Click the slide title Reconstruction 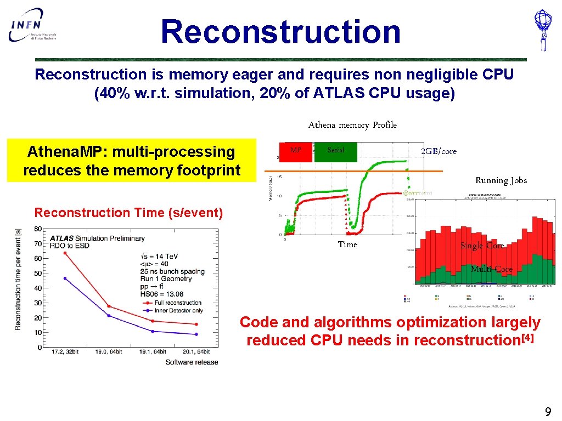[x=280, y=31]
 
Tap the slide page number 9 [x=547, y=412]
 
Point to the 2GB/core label [x=439, y=151]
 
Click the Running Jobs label [x=501, y=180]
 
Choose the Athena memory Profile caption [x=352, y=125]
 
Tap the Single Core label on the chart [x=481, y=246]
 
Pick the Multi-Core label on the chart [x=491, y=269]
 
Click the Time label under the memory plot [x=347, y=244]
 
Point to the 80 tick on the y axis [x=38, y=229]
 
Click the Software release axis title [x=192, y=362]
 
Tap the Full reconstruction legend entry [x=178, y=303]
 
